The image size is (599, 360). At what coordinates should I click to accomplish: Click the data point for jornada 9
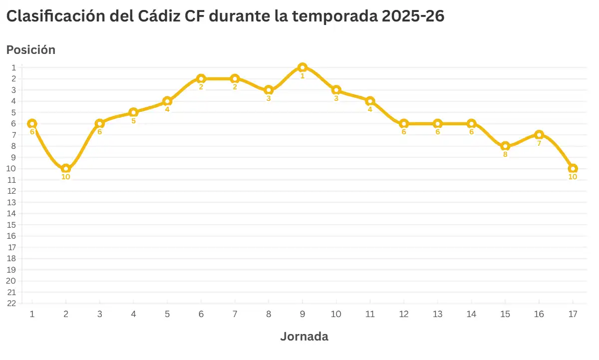302,67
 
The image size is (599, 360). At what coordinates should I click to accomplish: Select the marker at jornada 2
66,168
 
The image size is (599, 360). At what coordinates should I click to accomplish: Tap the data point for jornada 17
573,168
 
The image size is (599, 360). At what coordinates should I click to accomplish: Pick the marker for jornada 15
505,146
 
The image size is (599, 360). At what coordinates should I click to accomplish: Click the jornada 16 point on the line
539,135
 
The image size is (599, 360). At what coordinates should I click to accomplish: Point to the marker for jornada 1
32,123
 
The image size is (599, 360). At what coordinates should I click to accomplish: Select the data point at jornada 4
133,112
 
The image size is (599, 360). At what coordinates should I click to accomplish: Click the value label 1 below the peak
302,76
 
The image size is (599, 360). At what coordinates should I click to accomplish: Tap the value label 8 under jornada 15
505,154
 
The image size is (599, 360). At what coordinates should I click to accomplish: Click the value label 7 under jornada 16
539,143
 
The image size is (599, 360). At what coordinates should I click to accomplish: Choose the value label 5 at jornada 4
133,121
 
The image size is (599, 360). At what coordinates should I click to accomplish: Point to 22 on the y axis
12,303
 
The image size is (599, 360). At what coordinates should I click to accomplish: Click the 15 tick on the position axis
12,225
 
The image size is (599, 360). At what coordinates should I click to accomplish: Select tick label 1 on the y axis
14,67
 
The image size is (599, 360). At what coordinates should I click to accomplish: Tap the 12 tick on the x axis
404,314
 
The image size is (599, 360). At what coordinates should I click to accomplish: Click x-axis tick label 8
269,314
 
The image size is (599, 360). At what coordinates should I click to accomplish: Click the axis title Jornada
304,336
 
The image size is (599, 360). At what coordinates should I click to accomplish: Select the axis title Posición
30,50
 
